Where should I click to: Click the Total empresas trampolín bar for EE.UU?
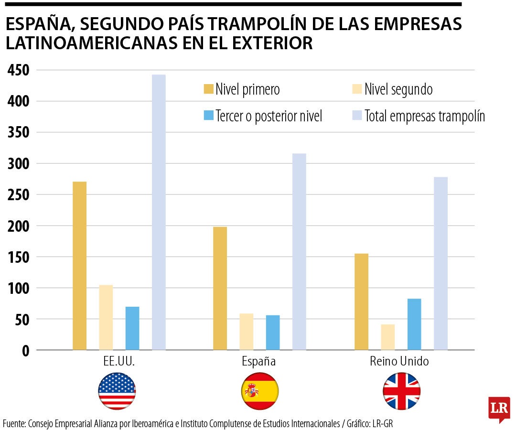click(x=159, y=212)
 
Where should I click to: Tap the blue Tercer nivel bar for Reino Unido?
click(x=414, y=324)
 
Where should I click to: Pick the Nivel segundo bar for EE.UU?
click(x=106, y=317)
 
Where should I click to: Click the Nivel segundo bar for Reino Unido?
click(x=388, y=337)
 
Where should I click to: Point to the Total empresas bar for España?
click(x=299, y=252)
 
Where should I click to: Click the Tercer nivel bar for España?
click(x=273, y=333)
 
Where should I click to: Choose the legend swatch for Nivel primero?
click(x=209, y=89)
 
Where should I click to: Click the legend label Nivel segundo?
click(x=398, y=89)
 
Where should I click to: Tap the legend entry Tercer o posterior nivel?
click(x=269, y=116)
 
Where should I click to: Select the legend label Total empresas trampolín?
click(x=424, y=116)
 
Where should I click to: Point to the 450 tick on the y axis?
click(x=19, y=71)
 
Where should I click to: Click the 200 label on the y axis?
click(x=19, y=226)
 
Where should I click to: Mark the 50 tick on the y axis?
click(x=22, y=320)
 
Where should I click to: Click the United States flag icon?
click(x=117, y=391)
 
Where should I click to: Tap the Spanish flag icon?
click(x=259, y=391)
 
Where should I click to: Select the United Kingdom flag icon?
click(x=401, y=391)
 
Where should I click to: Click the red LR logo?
click(x=499, y=408)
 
